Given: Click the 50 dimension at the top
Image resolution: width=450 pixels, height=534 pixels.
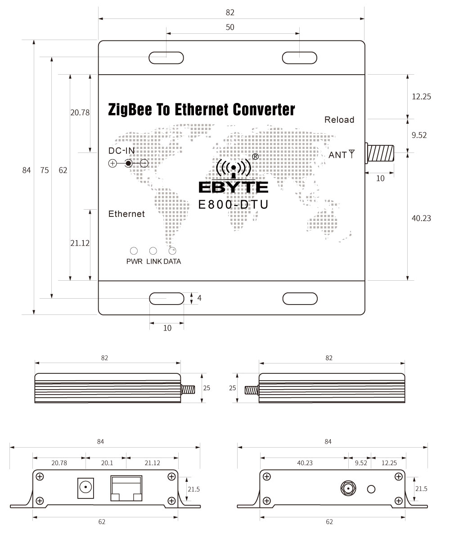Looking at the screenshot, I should coord(230,27).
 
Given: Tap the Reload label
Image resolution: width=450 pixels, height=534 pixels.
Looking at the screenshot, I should coord(339,120).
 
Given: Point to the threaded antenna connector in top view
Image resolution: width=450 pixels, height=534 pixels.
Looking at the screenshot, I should coord(381,153).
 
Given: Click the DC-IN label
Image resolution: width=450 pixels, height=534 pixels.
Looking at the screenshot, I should coord(121,150).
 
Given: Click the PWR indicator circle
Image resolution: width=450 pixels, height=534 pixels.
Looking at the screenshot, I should coord(134,251).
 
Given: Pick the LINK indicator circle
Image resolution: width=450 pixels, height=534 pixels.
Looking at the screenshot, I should coord(153,251).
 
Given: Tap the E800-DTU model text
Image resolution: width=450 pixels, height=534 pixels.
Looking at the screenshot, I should coord(234,205).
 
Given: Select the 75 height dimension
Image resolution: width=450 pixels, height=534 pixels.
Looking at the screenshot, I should coord(44,170).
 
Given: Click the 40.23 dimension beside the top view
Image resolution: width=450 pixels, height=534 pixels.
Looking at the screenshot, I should coord(421,218).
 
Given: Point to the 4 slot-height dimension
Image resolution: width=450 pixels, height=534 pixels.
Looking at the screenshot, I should coord(199,298).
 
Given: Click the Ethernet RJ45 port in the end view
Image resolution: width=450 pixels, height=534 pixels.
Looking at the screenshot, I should coord(126,488).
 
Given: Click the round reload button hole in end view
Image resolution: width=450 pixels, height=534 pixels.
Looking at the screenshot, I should coord(371,489).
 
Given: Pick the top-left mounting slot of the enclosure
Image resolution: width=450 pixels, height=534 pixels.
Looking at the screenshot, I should coord(166,58).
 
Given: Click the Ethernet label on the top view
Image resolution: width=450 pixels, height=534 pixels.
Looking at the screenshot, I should coord(126,214).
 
